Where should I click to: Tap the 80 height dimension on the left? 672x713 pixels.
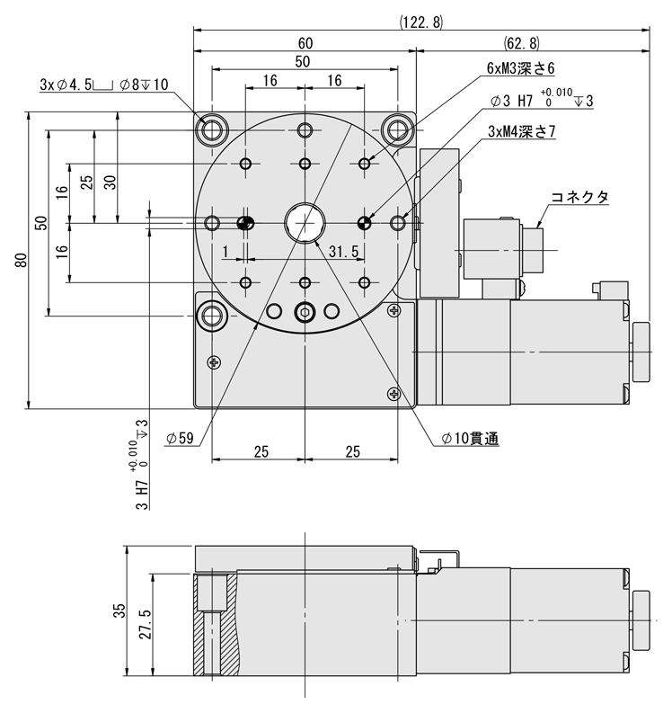(21, 261)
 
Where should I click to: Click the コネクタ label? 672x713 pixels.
(579, 196)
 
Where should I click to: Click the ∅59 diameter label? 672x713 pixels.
(181, 439)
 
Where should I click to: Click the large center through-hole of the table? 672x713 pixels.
(305, 222)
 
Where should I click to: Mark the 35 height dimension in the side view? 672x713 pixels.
(119, 611)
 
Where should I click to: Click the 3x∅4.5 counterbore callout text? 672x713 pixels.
(104, 85)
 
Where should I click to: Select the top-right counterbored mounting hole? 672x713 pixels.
(396, 131)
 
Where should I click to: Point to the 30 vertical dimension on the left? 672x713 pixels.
(110, 181)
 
